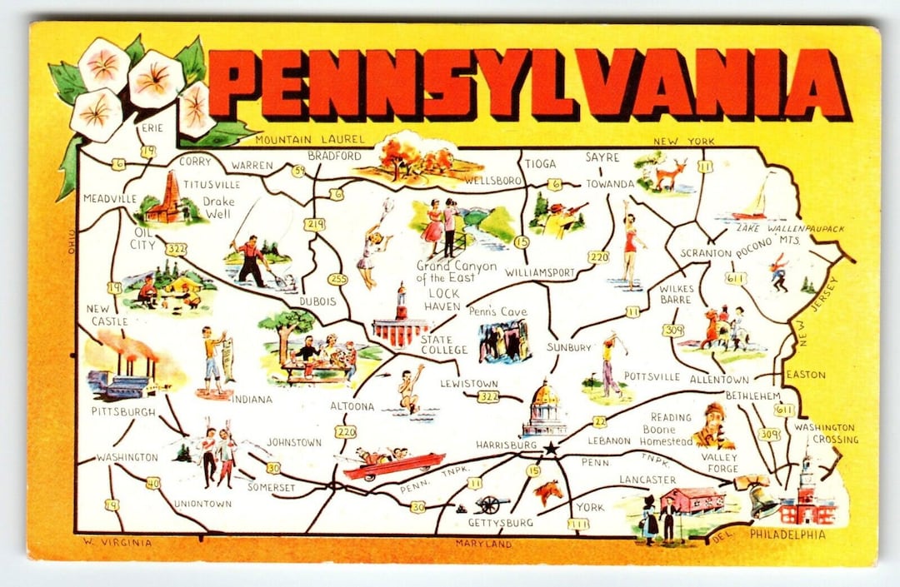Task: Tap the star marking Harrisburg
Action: click(x=550, y=448)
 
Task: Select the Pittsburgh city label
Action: click(x=123, y=412)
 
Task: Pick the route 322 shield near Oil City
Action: click(x=176, y=249)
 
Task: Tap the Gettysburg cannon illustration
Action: click(x=491, y=503)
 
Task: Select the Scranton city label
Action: click(x=705, y=253)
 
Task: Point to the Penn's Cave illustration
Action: click(x=504, y=341)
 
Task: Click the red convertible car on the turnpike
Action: click(x=393, y=465)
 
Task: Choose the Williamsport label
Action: click(x=540, y=272)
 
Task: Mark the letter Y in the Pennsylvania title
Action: click(x=497, y=83)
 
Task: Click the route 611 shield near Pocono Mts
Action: click(x=735, y=278)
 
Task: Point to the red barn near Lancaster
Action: click(x=692, y=500)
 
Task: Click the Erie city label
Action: click(x=152, y=127)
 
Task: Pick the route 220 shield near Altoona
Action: click(x=345, y=431)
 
